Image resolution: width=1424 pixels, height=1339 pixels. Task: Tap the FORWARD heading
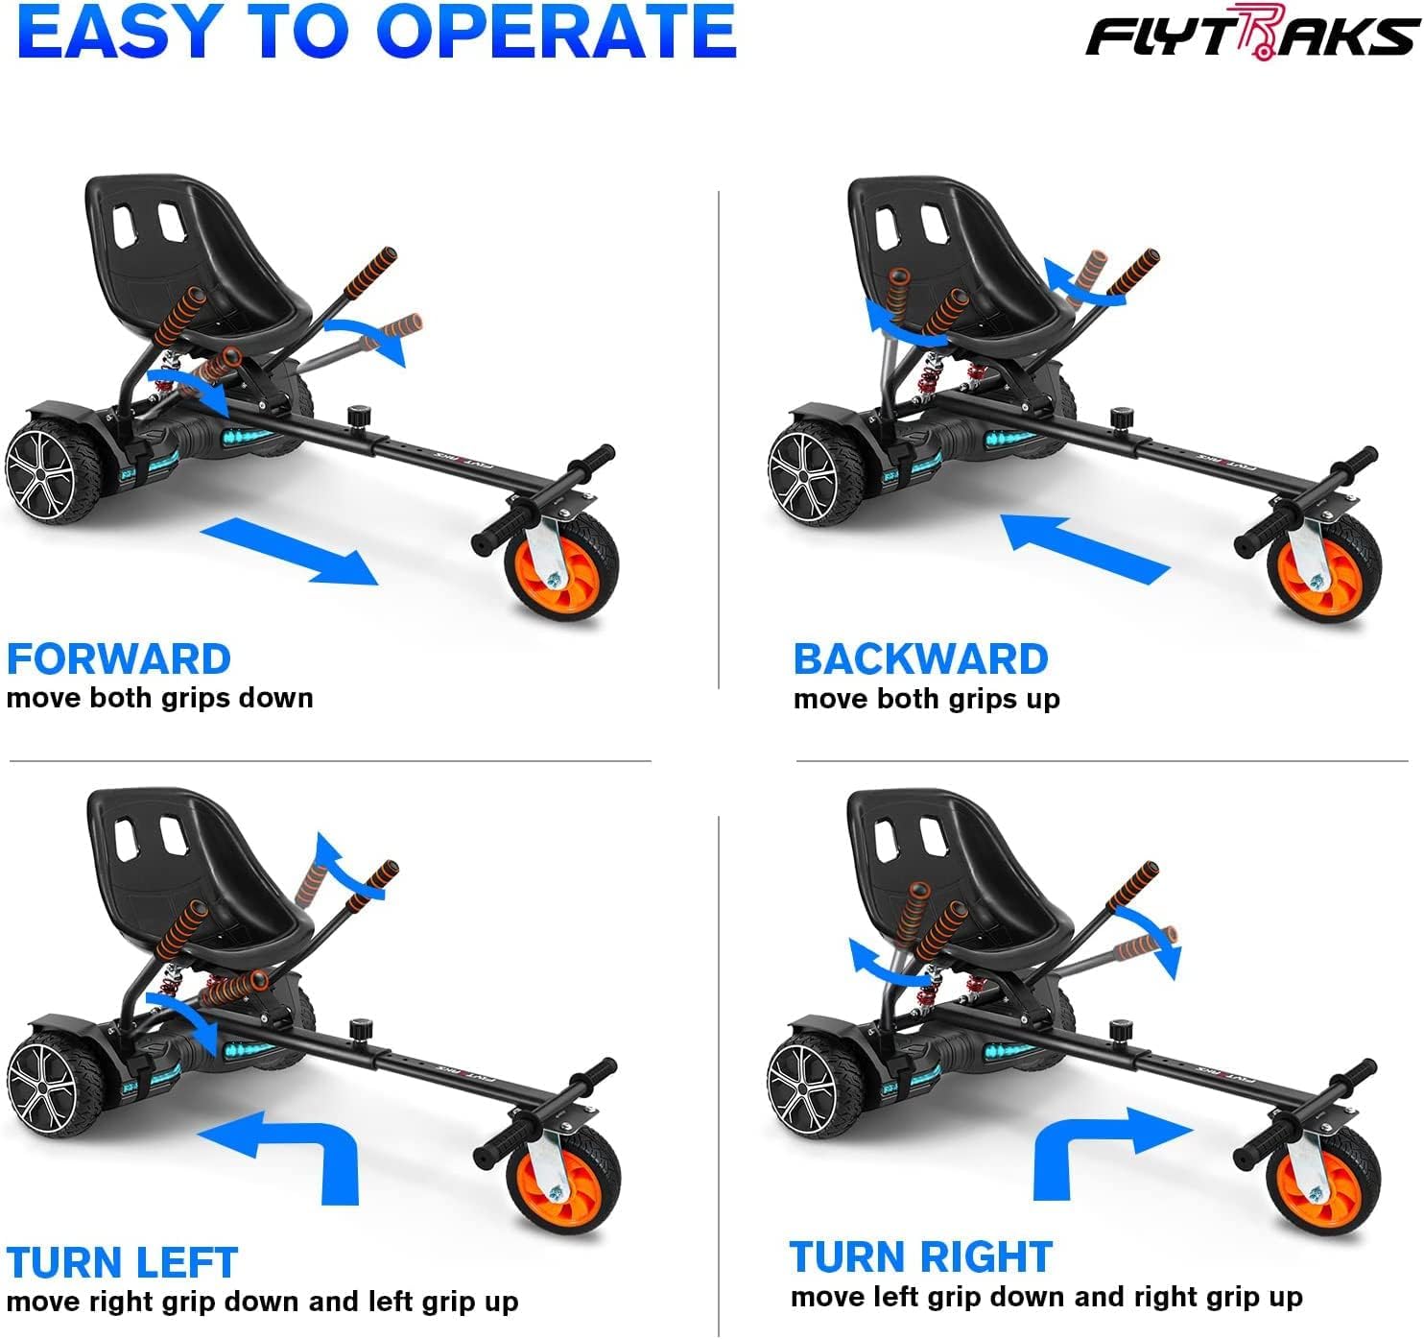click(x=118, y=659)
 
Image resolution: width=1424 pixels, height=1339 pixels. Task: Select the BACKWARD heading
click(x=920, y=659)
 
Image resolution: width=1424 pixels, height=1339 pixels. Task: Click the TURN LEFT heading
click(x=122, y=1262)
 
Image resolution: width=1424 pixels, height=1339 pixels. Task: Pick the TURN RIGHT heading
click(x=920, y=1256)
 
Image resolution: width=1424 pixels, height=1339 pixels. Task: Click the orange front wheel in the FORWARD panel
click(x=561, y=566)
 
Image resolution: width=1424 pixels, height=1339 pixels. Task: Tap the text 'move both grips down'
click(x=159, y=698)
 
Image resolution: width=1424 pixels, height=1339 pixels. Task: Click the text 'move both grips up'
click(x=926, y=699)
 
